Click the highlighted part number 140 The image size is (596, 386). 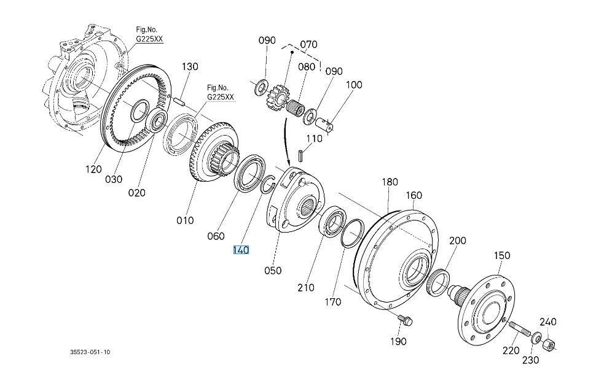click(240, 250)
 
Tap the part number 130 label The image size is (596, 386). click(190, 66)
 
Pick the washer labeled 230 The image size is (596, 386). click(536, 337)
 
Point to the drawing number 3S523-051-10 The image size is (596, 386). click(90, 352)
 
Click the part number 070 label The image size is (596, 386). click(308, 44)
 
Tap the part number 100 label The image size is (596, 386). click(354, 85)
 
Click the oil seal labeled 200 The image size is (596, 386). click(437, 282)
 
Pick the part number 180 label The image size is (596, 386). click(390, 182)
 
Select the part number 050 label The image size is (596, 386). click(272, 270)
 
